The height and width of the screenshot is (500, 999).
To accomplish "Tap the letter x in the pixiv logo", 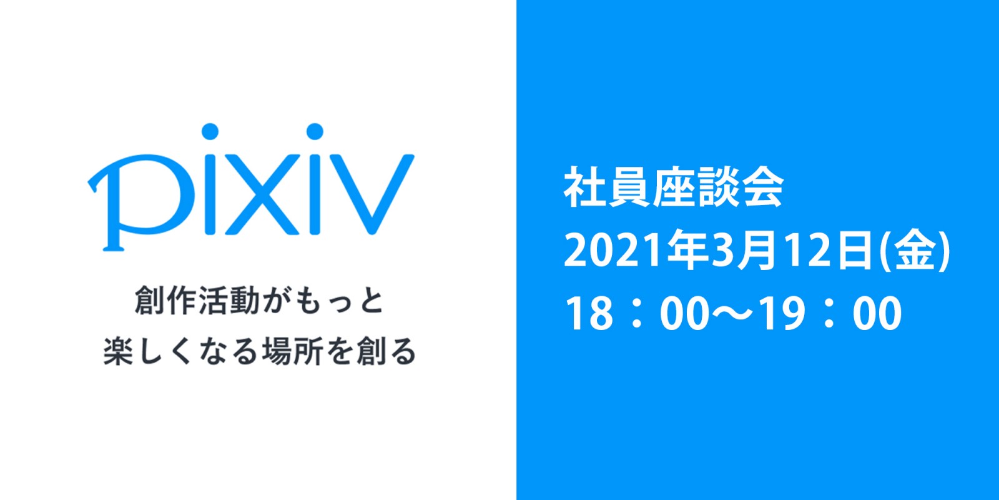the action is tap(262, 194).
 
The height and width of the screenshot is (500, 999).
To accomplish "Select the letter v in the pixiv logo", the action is tap(372, 194).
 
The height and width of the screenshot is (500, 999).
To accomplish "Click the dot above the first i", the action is tap(210, 131).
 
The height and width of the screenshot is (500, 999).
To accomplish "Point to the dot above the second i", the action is tap(315, 131).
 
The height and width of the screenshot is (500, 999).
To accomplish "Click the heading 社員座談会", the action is tap(674, 187).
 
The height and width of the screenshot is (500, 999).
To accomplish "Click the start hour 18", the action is tap(589, 313).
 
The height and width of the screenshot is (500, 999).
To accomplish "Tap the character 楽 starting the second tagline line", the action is tap(119, 351).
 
